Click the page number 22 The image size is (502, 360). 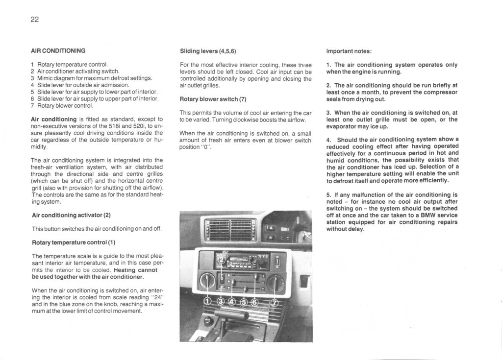[x=34, y=20]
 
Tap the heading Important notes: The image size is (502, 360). [x=349, y=51]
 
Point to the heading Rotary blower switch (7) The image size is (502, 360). [x=213, y=99]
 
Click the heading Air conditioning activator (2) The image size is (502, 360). [x=71, y=215]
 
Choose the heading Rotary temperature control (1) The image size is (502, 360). [x=74, y=242]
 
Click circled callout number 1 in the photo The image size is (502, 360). [x=207, y=301]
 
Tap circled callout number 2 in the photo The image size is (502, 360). [x=221, y=259]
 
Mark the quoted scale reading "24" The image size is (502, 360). [x=155, y=297]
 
